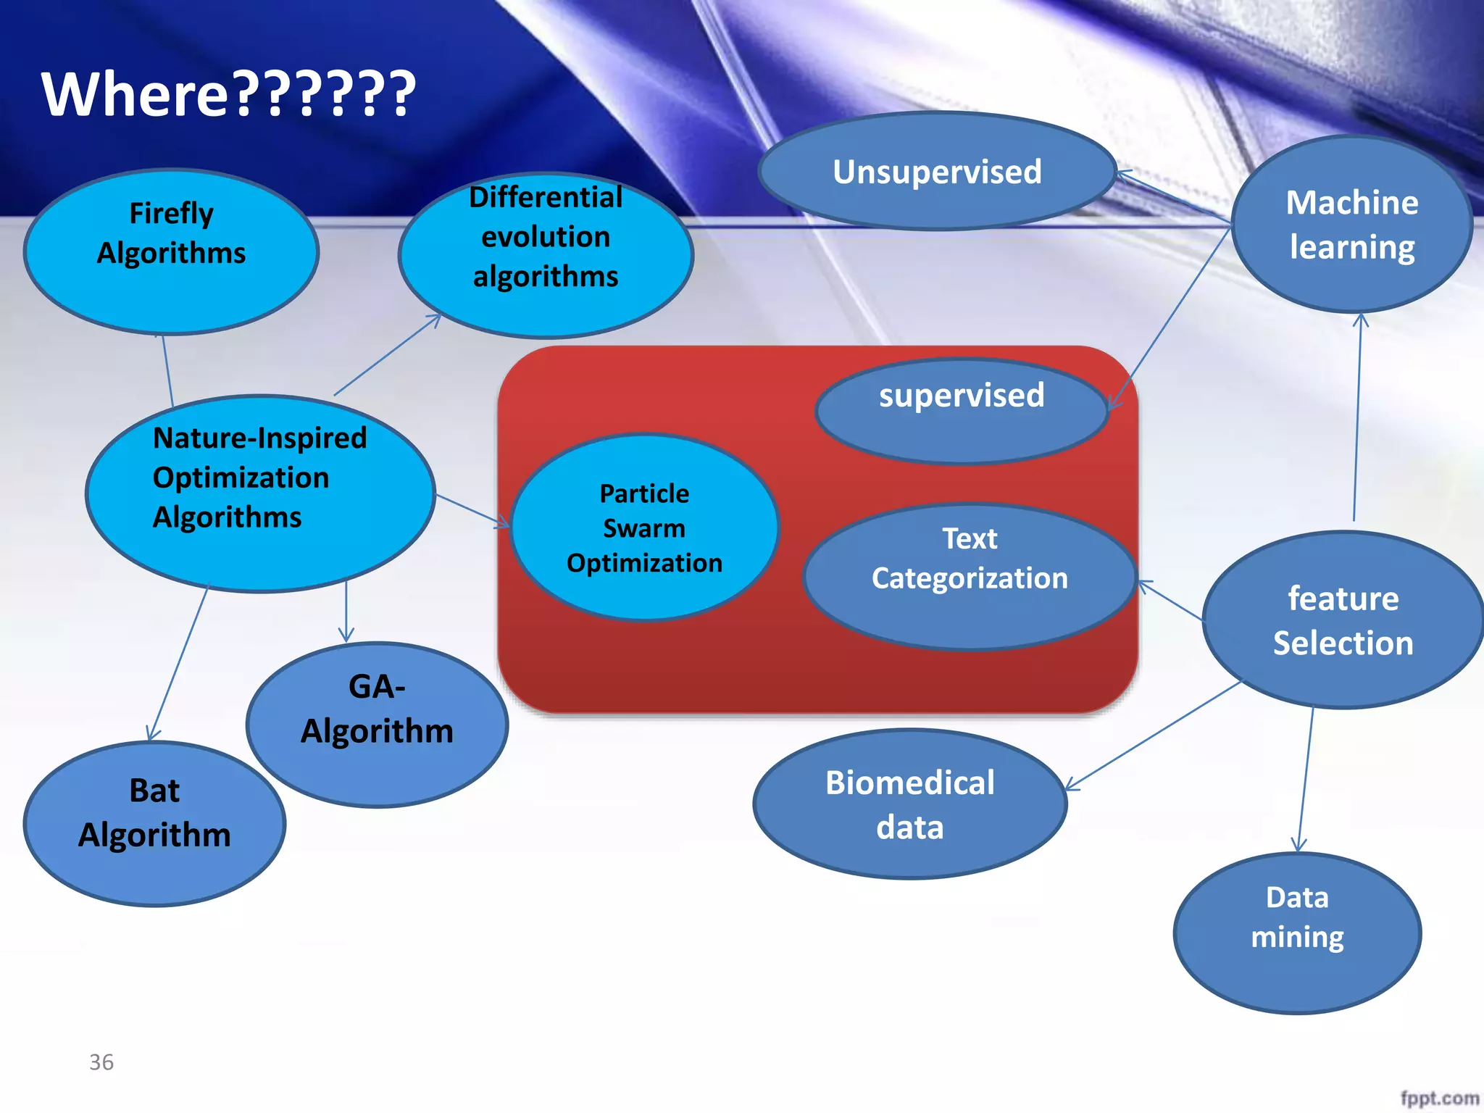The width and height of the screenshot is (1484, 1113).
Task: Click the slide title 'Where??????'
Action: pyautogui.click(x=228, y=94)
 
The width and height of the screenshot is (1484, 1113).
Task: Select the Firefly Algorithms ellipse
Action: pyautogui.click(x=171, y=252)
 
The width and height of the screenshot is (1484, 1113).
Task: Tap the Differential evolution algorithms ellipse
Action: pyautogui.click(x=546, y=255)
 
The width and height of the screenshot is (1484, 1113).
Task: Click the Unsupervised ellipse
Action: pyautogui.click(x=937, y=172)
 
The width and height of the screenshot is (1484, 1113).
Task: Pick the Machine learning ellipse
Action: pyautogui.click(x=1352, y=225)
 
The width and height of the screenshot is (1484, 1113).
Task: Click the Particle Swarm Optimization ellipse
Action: pyautogui.click(x=644, y=528)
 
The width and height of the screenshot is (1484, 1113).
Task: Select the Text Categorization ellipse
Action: pyautogui.click(x=970, y=576)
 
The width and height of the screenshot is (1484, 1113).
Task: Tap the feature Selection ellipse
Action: pyautogui.click(x=1343, y=620)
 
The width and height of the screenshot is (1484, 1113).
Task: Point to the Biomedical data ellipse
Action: pyautogui.click(x=910, y=804)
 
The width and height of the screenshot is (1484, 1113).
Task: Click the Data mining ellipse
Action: pyautogui.click(x=1297, y=933)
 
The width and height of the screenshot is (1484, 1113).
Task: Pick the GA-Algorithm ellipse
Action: pyautogui.click(x=377, y=725)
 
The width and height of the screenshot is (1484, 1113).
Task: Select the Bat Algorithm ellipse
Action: pyautogui.click(x=154, y=824)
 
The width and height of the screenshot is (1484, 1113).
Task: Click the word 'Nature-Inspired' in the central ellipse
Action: pyautogui.click(x=260, y=438)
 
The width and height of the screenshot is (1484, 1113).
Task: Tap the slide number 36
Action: pyautogui.click(x=101, y=1062)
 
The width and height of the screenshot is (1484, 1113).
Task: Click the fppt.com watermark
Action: pyautogui.click(x=1439, y=1099)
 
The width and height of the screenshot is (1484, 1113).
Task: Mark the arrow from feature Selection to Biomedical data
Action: pyautogui.click(x=1154, y=735)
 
